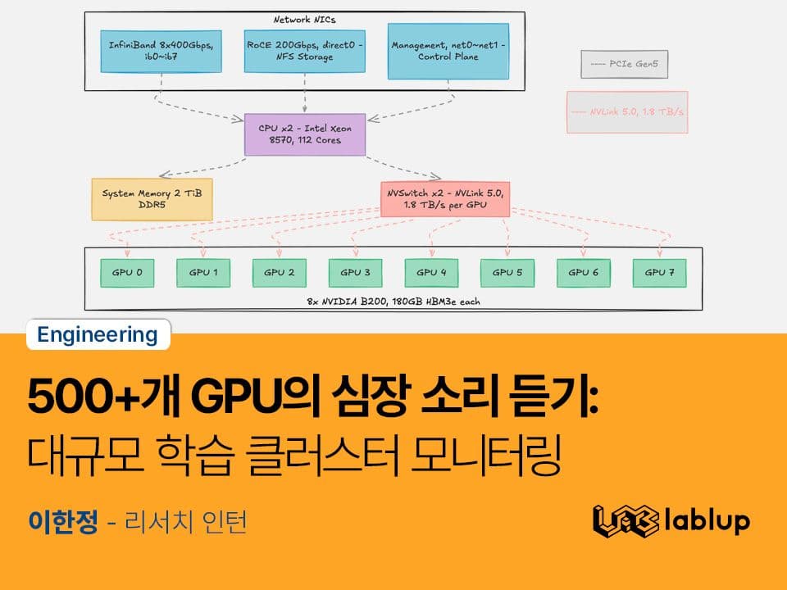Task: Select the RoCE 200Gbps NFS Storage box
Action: [x=305, y=52]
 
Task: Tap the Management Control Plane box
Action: [x=448, y=52]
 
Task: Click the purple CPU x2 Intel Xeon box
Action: [x=305, y=134]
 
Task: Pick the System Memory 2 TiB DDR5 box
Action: [x=152, y=199]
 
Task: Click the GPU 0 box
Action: [x=122, y=273]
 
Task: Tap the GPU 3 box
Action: [x=350, y=273]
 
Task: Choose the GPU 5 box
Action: [x=502, y=273]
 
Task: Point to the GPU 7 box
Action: [x=654, y=273]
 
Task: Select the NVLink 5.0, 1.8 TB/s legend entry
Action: [x=626, y=111]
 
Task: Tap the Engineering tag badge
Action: [x=98, y=334]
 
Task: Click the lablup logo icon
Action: [x=626, y=520]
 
